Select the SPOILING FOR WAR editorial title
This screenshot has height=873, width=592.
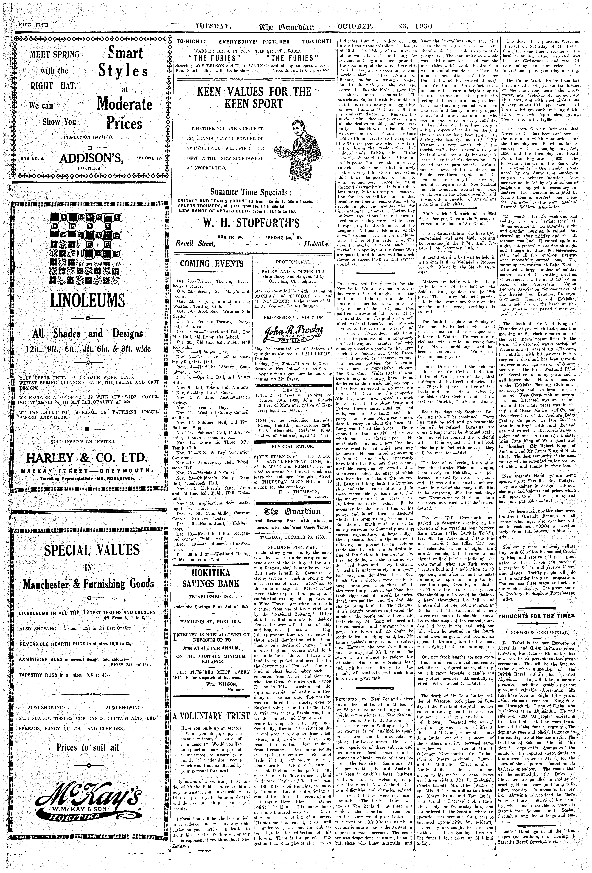(293, 547)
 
